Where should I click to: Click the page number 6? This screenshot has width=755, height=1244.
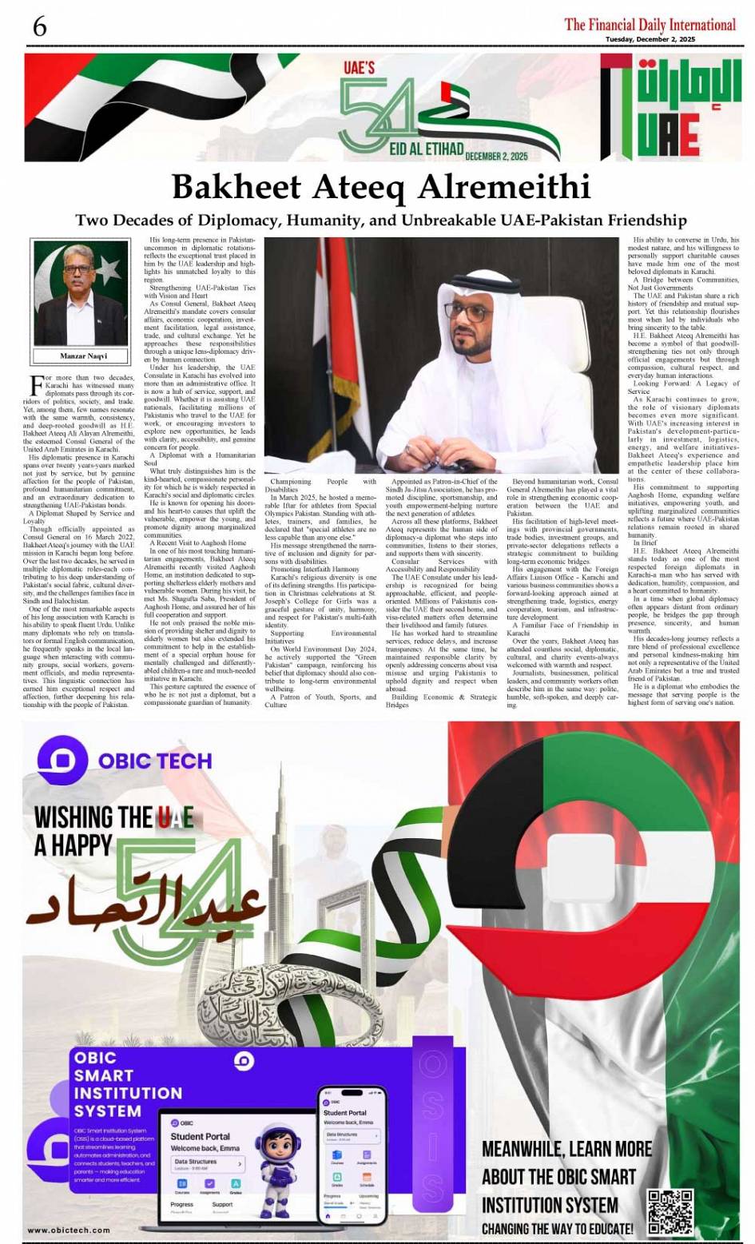(39, 26)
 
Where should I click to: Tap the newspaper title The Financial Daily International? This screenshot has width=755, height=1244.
(650, 24)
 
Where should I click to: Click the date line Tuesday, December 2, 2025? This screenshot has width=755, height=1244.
(650, 39)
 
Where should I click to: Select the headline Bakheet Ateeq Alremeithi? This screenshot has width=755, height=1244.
(381, 186)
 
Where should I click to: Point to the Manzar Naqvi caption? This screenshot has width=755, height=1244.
(83, 356)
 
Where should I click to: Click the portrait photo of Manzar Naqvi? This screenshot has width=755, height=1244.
(82, 293)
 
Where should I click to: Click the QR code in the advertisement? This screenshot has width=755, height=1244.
(670, 1212)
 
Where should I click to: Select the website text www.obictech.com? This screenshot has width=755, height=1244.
(69, 1230)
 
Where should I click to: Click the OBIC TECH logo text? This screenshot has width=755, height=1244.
(155, 760)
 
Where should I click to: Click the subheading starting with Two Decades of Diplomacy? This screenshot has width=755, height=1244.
(381, 220)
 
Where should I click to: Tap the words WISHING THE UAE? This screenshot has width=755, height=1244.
(113, 817)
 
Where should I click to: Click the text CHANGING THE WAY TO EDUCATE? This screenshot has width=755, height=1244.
(558, 1229)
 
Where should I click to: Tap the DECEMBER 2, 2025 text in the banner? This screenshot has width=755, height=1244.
(496, 156)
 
